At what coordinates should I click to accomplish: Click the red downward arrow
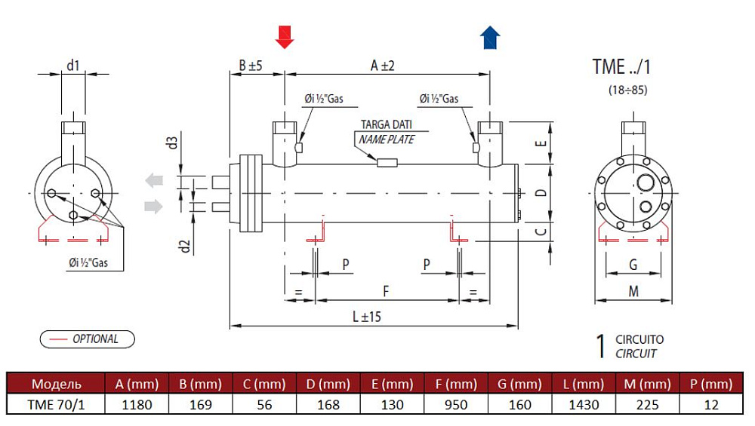pos(285,35)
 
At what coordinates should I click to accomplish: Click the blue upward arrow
pos(491,35)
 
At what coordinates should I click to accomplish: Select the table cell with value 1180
pos(137,405)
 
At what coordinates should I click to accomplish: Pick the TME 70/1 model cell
pos(57,405)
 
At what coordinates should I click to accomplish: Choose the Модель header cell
pos(57,383)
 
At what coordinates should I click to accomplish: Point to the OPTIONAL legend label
pos(95,339)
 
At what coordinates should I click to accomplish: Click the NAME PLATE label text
pos(386,139)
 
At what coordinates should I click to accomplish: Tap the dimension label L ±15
pos(367,317)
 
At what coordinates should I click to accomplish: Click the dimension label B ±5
pos(250,66)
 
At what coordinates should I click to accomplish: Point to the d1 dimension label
pos(72,65)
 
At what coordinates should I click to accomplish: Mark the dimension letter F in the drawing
pos(386,290)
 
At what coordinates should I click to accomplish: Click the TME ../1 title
pos(621,66)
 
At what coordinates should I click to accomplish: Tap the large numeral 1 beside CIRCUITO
pos(601,346)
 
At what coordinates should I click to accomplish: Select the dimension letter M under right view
pos(633,291)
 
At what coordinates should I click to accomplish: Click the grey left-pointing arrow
pos(154,180)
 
